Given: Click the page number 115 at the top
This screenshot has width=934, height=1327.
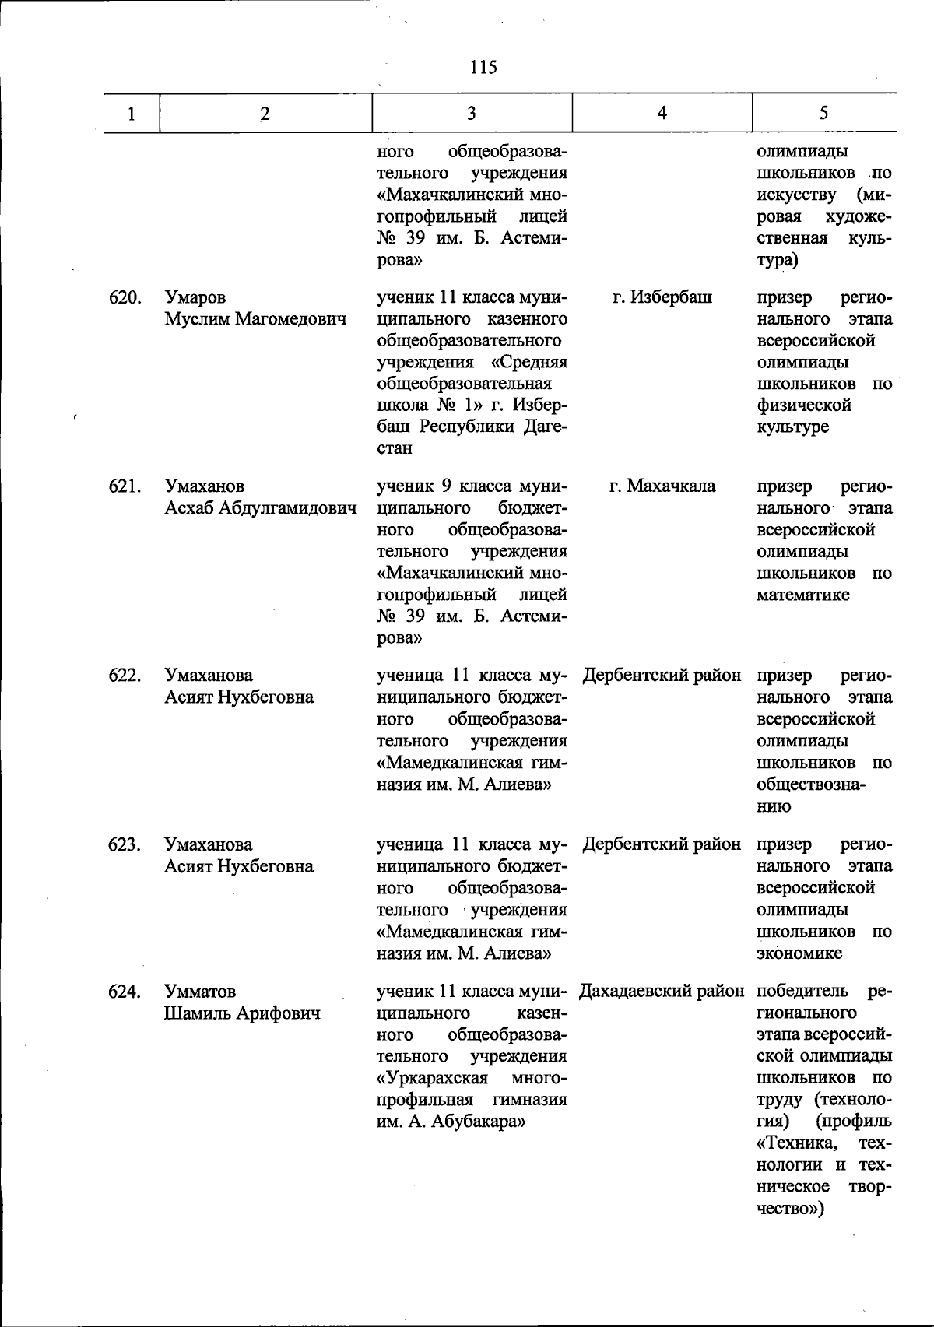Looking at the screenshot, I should pyautogui.click(x=483, y=67).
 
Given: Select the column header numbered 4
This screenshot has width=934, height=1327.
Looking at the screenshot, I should pyautogui.click(x=662, y=113).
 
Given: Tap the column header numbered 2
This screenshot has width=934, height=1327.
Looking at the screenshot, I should pyautogui.click(x=265, y=114).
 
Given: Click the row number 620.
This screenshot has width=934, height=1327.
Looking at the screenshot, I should pyautogui.click(x=125, y=297).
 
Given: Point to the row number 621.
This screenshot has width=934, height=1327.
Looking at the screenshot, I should pyautogui.click(x=125, y=486).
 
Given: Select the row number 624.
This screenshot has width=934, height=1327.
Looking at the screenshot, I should pyautogui.click(x=125, y=992).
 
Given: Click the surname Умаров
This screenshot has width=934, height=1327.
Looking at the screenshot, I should pyautogui.click(x=195, y=297).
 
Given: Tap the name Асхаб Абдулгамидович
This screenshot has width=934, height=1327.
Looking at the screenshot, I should pyautogui.click(x=261, y=508).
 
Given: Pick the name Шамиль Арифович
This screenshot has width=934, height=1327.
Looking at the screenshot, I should pyautogui.click(x=242, y=1013).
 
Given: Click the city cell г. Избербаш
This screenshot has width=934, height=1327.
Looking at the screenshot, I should pyautogui.click(x=662, y=297).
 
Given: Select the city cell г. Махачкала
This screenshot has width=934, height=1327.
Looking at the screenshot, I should pyautogui.click(x=662, y=486).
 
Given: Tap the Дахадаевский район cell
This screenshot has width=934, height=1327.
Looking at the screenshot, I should pyautogui.click(x=662, y=992).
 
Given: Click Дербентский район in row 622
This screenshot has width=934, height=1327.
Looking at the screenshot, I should pyautogui.click(x=662, y=676).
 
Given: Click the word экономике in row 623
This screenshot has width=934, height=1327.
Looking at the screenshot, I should pyautogui.click(x=799, y=953).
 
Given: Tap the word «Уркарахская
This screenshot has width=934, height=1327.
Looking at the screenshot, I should pyautogui.click(x=432, y=1079).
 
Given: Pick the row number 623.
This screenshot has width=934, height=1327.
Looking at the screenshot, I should pyautogui.click(x=125, y=844).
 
